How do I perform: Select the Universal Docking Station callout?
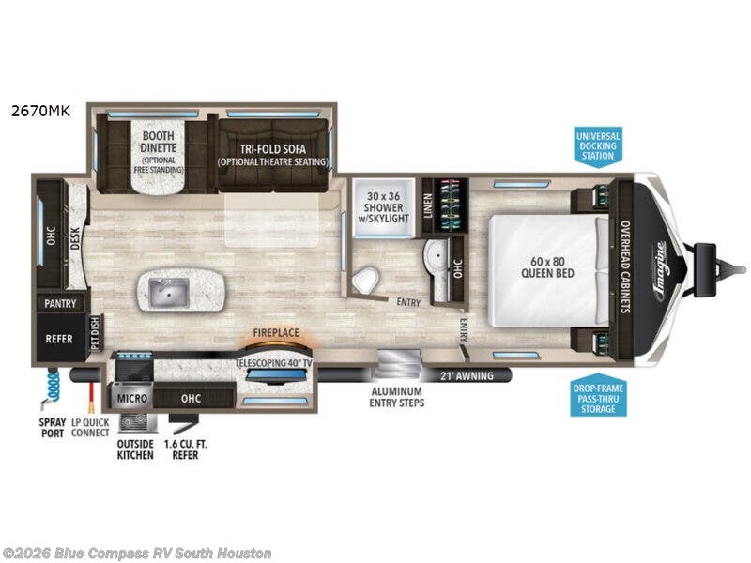[597, 145]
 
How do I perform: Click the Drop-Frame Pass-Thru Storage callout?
[597, 397]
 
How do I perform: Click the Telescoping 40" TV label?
[274, 359]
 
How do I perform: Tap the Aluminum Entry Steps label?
[397, 396]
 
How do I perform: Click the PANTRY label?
[59, 304]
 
